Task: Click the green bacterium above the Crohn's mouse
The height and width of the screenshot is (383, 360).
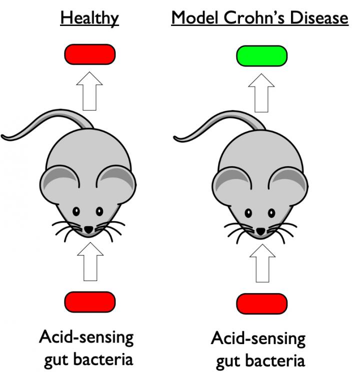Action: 261,55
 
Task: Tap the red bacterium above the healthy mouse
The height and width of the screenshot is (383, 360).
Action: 90,54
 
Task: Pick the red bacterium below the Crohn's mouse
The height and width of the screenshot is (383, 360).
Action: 261,303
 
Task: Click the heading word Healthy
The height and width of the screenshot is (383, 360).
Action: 89,18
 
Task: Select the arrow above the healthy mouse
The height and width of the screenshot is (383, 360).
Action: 89,93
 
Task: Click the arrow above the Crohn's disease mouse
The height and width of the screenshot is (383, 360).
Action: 261,93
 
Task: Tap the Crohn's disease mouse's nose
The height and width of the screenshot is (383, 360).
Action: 261,231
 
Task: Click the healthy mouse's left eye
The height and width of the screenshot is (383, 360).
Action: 77,211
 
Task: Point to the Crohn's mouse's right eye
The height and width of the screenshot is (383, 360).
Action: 272,213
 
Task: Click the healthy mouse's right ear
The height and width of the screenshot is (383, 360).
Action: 116,182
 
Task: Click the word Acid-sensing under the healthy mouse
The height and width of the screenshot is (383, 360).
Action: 86,337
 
